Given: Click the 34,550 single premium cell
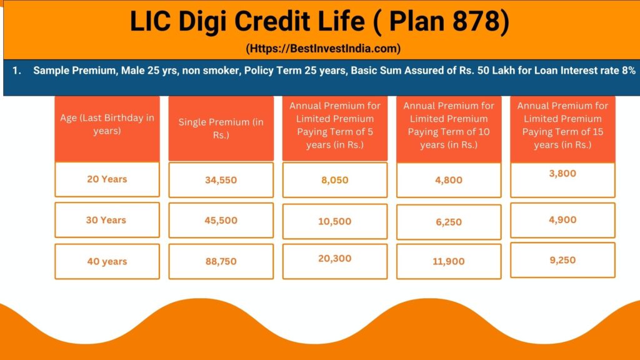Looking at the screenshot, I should coord(221,180).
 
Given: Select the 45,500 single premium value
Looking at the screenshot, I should coord(221,220).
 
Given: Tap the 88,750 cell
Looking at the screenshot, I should coord(221,261).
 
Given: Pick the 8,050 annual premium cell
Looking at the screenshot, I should coord(334,180).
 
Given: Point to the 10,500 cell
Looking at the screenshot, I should coord(334,221).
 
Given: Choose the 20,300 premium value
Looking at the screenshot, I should coord(334,258).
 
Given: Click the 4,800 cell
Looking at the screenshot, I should coord(448,180).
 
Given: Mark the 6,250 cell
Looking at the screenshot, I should coord(448,222).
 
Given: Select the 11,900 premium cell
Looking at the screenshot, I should coord(448,261).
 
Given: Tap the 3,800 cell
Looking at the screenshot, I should coord(562,173).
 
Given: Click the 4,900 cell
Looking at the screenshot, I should coord(562,219).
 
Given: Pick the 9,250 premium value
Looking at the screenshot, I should coord(562,260).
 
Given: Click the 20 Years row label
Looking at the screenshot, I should coord(107,179).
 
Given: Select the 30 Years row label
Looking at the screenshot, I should coord(106,220).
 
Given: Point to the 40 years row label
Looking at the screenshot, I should coord(107,261).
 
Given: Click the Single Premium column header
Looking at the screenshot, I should coord(221,128).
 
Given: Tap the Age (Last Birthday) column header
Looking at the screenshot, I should coord(107,124).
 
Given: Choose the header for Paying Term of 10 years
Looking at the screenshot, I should coord(448,125).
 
